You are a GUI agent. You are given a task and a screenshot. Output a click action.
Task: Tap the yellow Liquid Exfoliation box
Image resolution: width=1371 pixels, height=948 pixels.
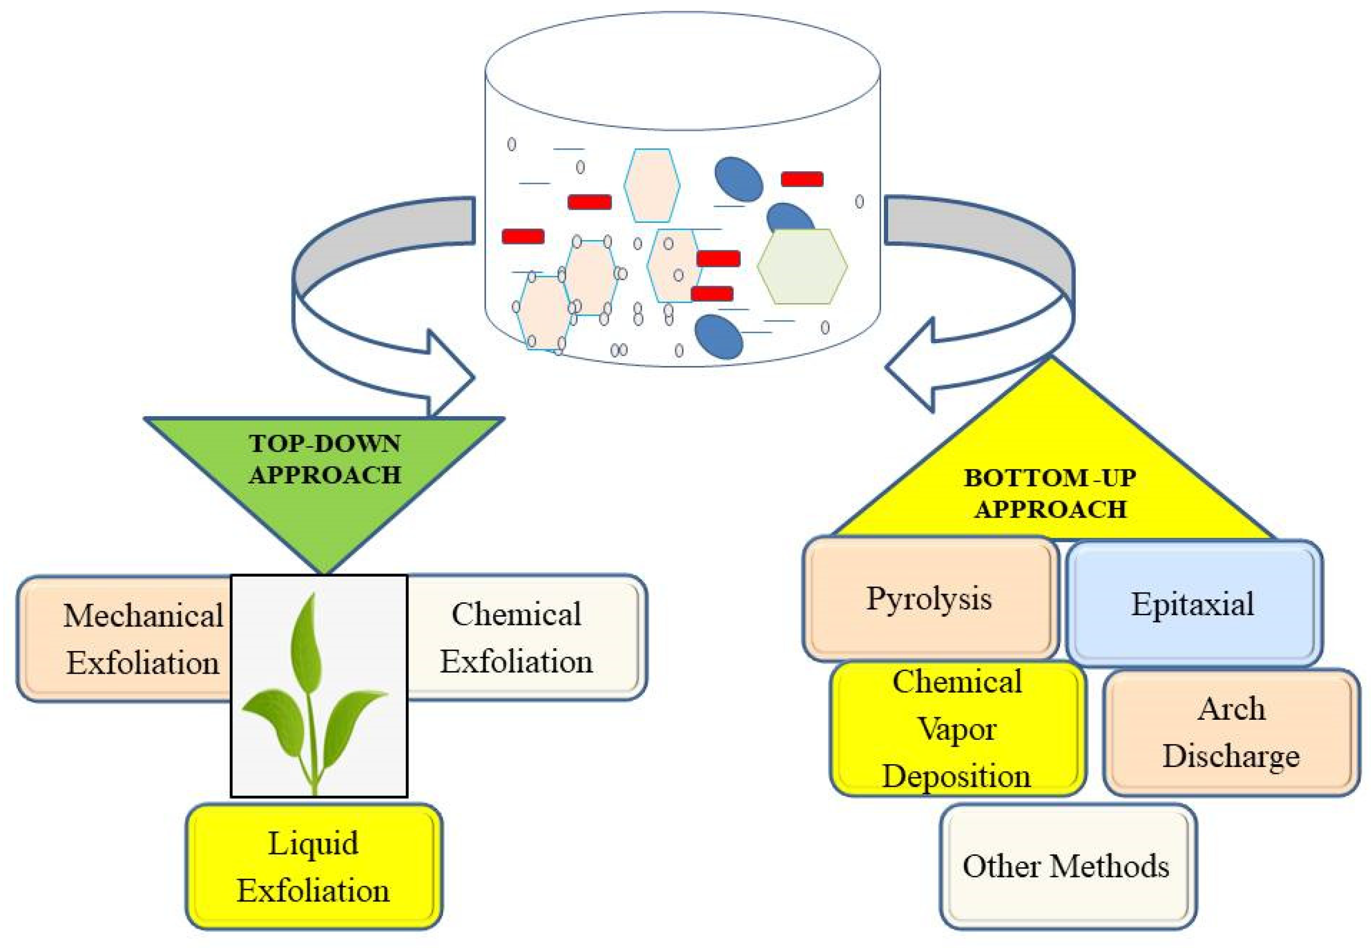(x=314, y=867)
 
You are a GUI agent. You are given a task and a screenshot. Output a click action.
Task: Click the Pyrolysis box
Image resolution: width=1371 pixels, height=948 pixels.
(x=929, y=598)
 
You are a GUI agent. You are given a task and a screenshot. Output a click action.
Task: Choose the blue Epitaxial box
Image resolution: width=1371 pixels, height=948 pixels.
(x=1193, y=603)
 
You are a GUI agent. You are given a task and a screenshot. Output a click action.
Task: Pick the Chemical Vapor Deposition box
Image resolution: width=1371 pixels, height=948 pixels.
(x=956, y=729)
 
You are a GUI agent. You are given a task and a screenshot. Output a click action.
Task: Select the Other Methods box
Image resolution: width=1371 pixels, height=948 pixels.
(x=1067, y=866)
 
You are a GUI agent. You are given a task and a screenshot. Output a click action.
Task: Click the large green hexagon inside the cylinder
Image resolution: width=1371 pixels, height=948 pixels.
(x=801, y=267)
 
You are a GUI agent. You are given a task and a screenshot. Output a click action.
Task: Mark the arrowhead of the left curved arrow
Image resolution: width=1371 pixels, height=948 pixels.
(x=451, y=376)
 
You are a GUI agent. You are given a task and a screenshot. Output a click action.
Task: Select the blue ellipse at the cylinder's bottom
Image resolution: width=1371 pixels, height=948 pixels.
(x=719, y=337)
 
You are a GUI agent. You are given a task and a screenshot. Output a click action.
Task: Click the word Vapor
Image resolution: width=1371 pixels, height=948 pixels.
(x=956, y=729)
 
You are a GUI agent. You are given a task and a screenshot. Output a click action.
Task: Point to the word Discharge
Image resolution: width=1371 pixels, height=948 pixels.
(x=1231, y=756)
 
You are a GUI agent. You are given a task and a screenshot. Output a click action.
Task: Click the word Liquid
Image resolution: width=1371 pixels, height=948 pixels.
(x=314, y=843)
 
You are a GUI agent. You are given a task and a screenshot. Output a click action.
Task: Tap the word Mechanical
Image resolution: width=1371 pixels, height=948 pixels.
(x=143, y=615)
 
